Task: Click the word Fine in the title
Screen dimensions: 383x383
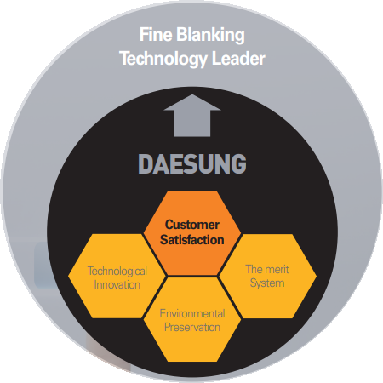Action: point(156,34)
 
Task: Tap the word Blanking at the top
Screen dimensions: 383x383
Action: point(210,36)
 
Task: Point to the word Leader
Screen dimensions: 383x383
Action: point(238,58)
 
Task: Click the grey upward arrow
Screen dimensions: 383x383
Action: point(192,116)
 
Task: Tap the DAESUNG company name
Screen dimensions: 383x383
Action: point(192,163)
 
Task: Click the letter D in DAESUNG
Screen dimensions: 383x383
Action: point(146,163)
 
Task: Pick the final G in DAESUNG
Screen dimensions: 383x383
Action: point(238,163)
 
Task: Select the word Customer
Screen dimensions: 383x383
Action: point(192,225)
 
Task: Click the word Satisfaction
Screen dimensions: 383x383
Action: point(192,240)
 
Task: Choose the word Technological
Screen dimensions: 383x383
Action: point(117,272)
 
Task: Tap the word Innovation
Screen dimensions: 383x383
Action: point(117,284)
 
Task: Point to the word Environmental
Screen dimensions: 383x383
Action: point(192,313)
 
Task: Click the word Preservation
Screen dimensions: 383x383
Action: point(192,327)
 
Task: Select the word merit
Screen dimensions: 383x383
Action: point(277,269)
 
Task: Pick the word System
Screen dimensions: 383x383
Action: point(267,283)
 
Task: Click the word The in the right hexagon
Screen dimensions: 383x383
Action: point(254,269)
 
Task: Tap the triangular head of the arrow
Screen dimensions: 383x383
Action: point(192,102)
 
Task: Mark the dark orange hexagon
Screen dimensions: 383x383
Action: point(192,233)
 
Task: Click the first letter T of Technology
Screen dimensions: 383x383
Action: point(125,58)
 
